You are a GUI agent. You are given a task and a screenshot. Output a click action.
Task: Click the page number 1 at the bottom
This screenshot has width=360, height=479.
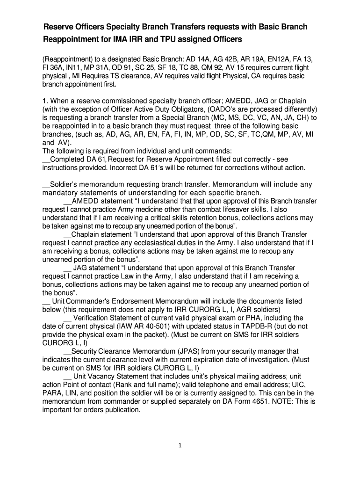click(x=180, y=445)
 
